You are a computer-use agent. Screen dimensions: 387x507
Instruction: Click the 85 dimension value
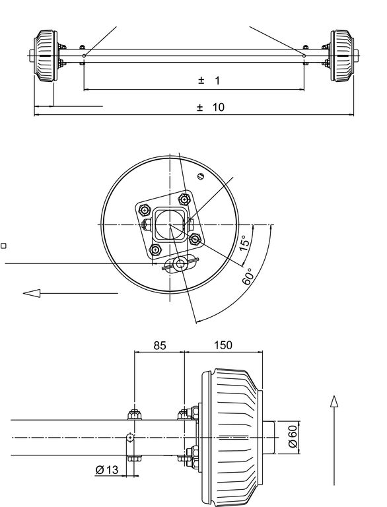[x=160, y=345]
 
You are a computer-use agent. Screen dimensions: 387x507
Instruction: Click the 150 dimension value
[x=223, y=345]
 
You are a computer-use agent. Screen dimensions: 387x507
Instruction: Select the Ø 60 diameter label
[x=292, y=436]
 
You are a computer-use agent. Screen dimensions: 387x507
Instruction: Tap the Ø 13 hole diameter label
[x=107, y=469]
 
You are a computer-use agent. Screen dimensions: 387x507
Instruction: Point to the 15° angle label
[x=244, y=243]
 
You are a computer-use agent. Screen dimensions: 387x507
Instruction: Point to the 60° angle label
[x=247, y=277]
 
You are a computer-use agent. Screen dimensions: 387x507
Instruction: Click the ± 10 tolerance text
[x=210, y=107]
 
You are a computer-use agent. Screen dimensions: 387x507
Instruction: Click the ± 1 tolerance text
[x=209, y=81]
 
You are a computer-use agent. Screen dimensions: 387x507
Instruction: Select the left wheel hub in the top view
[x=47, y=55]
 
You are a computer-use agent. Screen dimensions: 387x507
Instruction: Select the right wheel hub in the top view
[x=341, y=55]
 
